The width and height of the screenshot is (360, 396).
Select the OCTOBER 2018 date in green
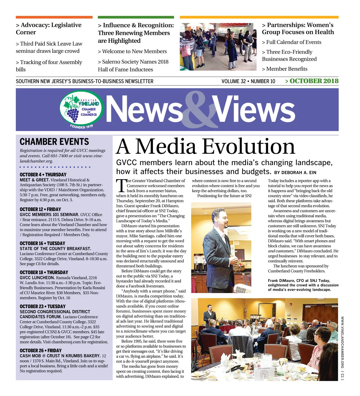point(312,81)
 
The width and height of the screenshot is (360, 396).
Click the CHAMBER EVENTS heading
point(54,142)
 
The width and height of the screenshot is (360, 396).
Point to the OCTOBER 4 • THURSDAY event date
point(43,174)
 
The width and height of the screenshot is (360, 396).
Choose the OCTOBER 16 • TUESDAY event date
point(42,243)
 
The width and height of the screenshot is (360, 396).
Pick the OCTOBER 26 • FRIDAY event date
point(40,350)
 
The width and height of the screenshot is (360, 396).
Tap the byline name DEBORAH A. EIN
point(299,173)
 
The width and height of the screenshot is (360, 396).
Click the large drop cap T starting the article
point(121,186)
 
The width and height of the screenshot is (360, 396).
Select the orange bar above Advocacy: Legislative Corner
point(54,17)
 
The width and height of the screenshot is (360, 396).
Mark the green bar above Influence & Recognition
point(136,17)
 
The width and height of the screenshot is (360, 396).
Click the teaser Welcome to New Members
point(132,51)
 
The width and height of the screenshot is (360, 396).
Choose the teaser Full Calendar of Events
point(292,42)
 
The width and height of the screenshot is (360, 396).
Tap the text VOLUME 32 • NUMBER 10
point(248,81)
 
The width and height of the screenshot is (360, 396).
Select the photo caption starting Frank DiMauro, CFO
point(303,285)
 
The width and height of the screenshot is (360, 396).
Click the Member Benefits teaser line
point(285,69)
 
